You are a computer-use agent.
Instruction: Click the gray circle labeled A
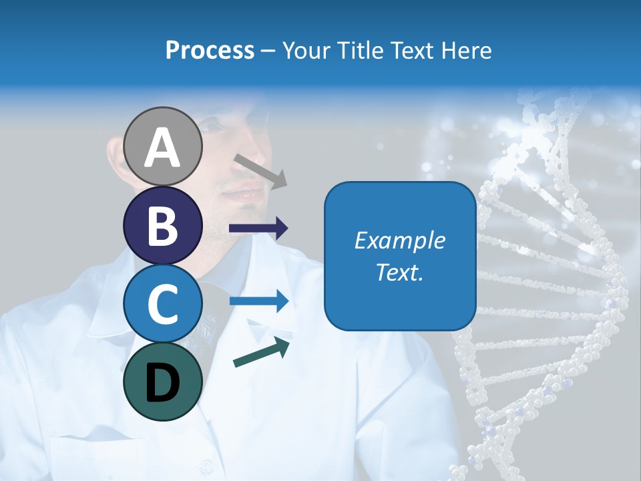[x=163, y=147]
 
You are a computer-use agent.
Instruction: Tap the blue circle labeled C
[x=163, y=304]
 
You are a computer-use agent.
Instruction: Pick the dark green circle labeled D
[x=163, y=381]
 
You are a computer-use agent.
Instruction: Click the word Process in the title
[x=210, y=51]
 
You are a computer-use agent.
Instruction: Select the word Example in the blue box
[x=399, y=240]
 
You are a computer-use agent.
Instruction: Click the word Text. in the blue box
[x=399, y=272]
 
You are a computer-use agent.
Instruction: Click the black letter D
[x=163, y=383]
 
